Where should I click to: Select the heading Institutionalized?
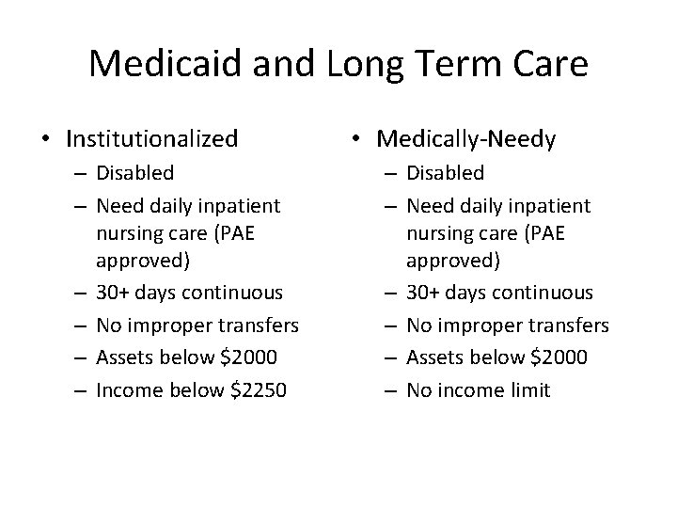click(x=151, y=139)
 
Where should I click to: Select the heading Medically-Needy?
click(x=465, y=139)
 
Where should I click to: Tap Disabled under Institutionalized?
click(x=134, y=173)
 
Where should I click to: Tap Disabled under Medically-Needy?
click(x=445, y=173)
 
